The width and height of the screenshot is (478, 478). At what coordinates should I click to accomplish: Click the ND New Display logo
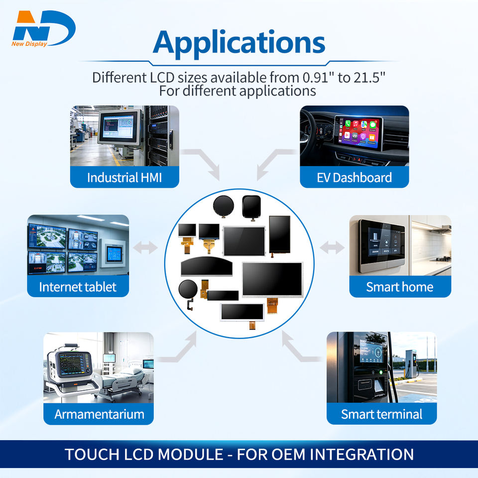click(44, 29)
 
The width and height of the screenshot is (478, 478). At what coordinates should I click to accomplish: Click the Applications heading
click(239, 43)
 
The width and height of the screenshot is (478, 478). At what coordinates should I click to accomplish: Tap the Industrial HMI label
click(124, 178)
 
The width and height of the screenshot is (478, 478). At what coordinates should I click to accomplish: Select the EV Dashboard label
click(354, 178)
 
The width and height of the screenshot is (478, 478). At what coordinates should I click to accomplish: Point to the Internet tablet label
click(78, 287)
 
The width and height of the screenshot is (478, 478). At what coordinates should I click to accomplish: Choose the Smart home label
click(400, 287)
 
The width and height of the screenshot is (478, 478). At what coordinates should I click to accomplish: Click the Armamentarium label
click(99, 414)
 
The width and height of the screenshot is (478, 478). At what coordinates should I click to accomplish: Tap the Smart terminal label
click(382, 414)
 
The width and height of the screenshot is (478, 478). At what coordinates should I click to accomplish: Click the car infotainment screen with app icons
click(358, 133)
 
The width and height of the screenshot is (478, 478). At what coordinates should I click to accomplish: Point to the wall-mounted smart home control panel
click(382, 245)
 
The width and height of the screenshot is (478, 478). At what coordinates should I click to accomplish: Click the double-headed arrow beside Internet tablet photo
click(145, 247)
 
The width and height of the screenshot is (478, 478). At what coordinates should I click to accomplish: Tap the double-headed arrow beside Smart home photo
click(332, 247)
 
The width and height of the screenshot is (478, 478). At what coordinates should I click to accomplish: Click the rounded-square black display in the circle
click(251, 207)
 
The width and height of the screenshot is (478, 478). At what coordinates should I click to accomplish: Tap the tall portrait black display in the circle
click(279, 235)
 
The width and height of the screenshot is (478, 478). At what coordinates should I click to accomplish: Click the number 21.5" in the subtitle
click(369, 78)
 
